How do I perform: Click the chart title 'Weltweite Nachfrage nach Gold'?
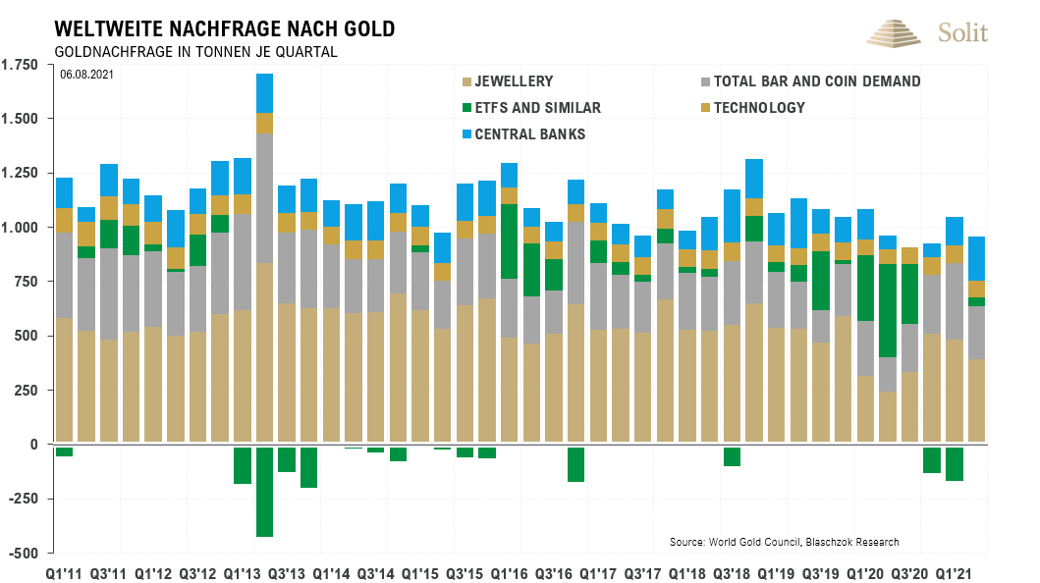click(225, 28)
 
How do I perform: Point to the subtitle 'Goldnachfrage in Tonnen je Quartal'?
click(196, 51)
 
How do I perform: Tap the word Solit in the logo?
click(963, 32)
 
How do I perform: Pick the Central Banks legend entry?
click(529, 133)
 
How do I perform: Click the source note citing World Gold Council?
click(784, 542)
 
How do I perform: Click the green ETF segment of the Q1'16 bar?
click(509, 241)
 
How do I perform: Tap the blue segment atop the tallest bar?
click(264, 93)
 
